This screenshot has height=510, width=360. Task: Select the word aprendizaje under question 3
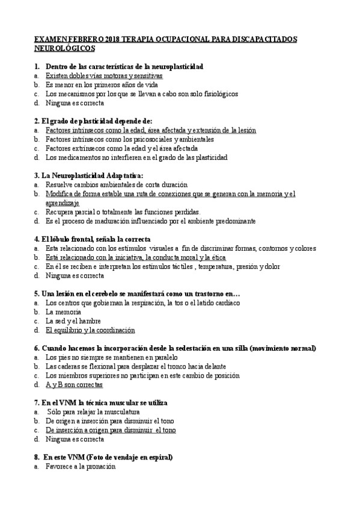pyautogui.click(x=62, y=203)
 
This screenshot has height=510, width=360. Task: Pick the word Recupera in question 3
pyautogui.click(x=59, y=212)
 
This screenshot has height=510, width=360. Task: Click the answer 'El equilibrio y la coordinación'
pyautogui.click(x=90, y=330)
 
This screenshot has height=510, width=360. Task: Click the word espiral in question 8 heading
pyautogui.click(x=159, y=457)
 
